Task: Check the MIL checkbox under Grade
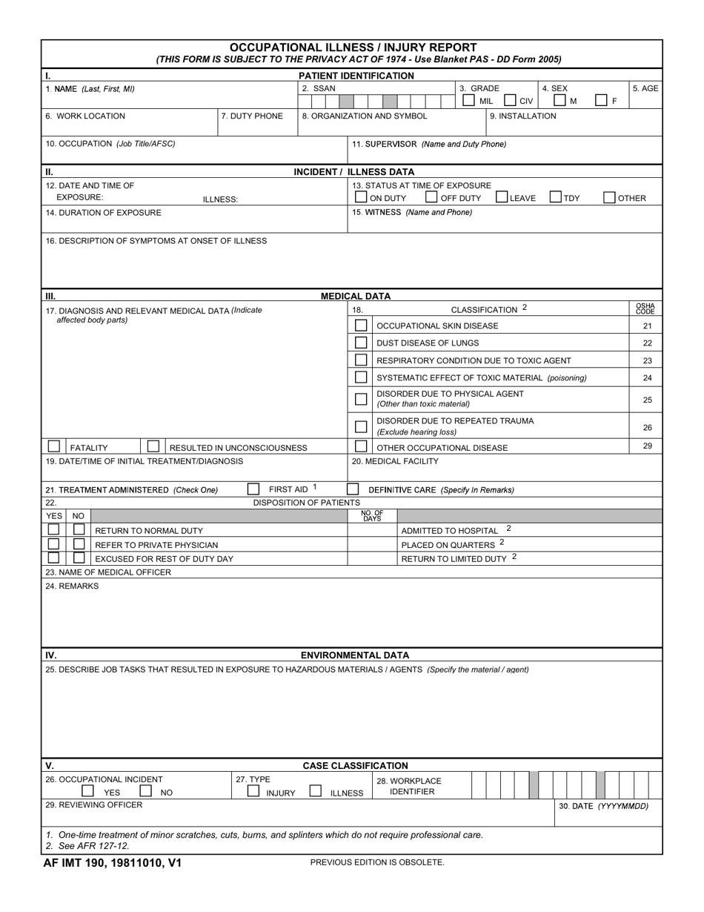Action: point(469,100)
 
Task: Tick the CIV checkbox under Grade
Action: point(510,100)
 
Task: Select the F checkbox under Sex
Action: point(601,100)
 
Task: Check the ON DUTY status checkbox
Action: point(361,197)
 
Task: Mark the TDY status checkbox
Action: point(555,197)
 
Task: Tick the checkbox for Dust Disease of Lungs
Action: point(361,343)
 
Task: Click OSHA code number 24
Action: point(647,377)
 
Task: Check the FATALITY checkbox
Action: point(54,446)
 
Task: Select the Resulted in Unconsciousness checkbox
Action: point(153,446)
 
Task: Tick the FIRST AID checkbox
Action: point(253,489)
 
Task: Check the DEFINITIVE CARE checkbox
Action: point(353,489)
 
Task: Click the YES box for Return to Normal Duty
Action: point(54,529)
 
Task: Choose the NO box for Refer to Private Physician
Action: point(79,543)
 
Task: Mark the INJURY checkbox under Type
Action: point(253,791)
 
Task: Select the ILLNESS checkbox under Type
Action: point(315,791)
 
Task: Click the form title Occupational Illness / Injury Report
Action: point(353,47)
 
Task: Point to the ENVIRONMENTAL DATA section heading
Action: point(354,655)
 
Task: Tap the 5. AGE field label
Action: point(645,88)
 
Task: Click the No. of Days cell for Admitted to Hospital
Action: point(372,530)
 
